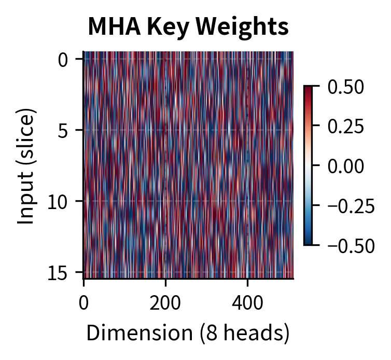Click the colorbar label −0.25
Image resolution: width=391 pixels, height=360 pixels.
(351, 205)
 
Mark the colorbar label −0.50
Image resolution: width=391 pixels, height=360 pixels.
(351, 245)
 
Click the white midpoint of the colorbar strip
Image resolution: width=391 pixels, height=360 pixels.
(308, 165)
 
